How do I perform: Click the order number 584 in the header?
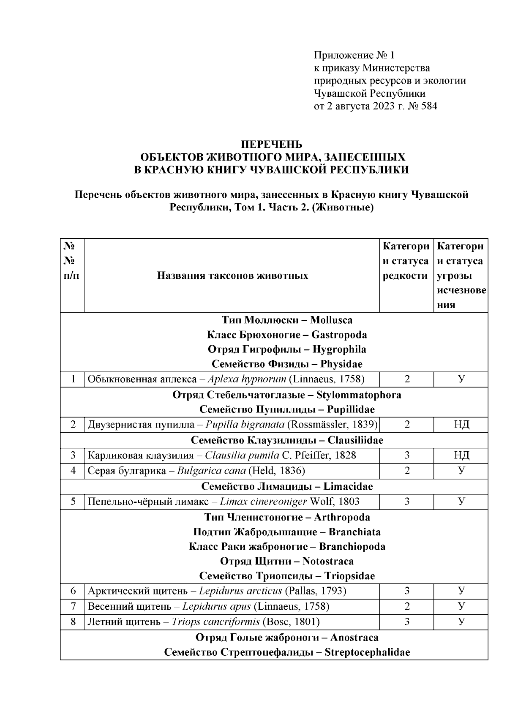pos(429,106)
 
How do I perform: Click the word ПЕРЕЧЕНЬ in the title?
pos(272,144)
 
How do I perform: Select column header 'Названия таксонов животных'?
pos(232,276)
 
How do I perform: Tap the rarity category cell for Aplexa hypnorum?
pos(407,379)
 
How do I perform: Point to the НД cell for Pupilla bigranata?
pos(461,425)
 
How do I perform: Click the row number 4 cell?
pos(73,471)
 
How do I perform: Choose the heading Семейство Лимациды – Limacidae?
pos(287,486)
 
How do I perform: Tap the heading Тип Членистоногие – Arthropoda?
pos(287,517)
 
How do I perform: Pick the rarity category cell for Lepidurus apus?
pos(407,606)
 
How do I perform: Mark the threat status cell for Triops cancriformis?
pos(461,622)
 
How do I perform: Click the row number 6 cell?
pos(73,591)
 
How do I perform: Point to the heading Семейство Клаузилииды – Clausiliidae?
pos(287,440)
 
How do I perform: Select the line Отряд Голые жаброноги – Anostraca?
pos(287,637)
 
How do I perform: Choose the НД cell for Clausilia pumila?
pos(461,455)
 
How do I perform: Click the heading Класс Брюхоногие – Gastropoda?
pos(287,335)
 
